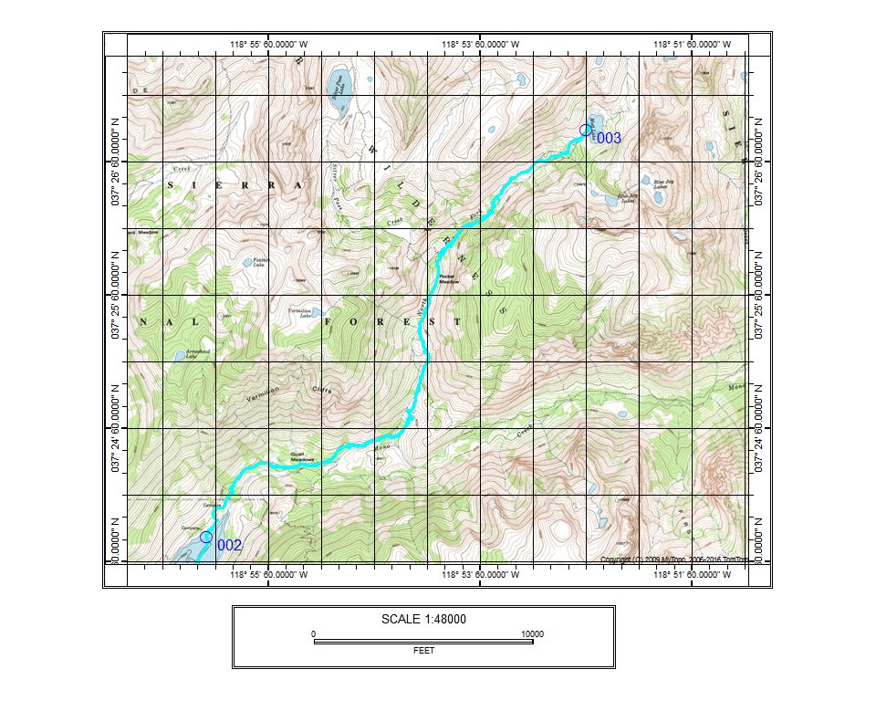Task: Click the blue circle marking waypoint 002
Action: click(x=206, y=537)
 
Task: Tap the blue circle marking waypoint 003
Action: click(x=586, y=130)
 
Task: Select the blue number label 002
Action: click(x=229, y=545)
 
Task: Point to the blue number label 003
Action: click(x=608, y=138)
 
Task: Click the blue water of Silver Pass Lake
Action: click(x=339, y=91)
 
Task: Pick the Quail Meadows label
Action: click(x=302, y=454)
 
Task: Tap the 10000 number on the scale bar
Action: click(x=532, y=633)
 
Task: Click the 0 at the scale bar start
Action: click(x=313, y=633)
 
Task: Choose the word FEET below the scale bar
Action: click(x=423, y=651)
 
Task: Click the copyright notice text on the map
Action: click(x=674, y=559)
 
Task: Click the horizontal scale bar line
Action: click(x=423, y=642)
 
